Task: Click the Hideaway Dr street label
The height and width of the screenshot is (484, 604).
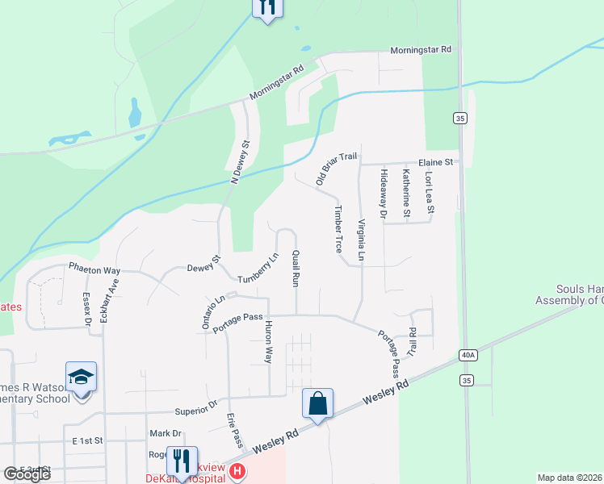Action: pyautogui.click(x=384, y=194)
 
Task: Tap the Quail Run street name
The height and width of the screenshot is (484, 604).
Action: pyautogui.click(x=296, y=269)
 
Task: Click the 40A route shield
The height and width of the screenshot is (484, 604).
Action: pyautogui.click(x=468, y=354)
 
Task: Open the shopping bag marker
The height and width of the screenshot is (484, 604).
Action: pyautogui.click(x=318, y=403)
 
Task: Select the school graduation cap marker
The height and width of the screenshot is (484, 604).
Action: pyautogui.click(x=81, y=377)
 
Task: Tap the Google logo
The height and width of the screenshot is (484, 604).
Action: pyautogui.click(x=27, y=474)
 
